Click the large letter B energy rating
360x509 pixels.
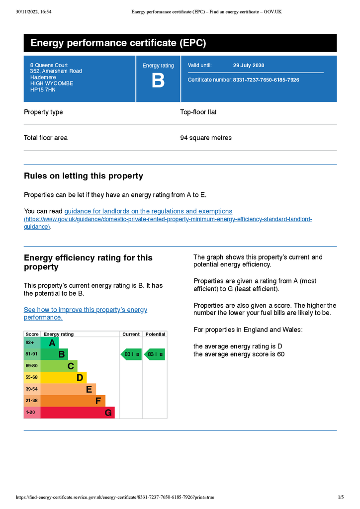point(158,81)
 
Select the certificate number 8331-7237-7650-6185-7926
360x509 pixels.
point(266,80)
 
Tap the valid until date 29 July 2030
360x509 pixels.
point(249,66)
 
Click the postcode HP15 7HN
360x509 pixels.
point(43,90)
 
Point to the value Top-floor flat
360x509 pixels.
point(198,112)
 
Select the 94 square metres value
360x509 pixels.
point(206,138)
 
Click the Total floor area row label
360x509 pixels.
point(46,138)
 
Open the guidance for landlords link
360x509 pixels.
point(148,211)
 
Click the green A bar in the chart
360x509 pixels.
point(50,343)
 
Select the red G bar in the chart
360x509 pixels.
point(78,413)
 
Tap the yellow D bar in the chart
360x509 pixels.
point(64,378)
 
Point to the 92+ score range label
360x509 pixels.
point(30,343)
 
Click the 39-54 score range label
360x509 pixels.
point(31,389)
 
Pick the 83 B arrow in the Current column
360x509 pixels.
point(131,354)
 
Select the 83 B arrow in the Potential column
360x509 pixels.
point(155,354)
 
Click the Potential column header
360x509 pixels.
point(155,334)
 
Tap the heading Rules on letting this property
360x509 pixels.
point(84,176)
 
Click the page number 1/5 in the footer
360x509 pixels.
point(341,497)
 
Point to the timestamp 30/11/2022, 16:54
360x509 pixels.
point(33,11)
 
